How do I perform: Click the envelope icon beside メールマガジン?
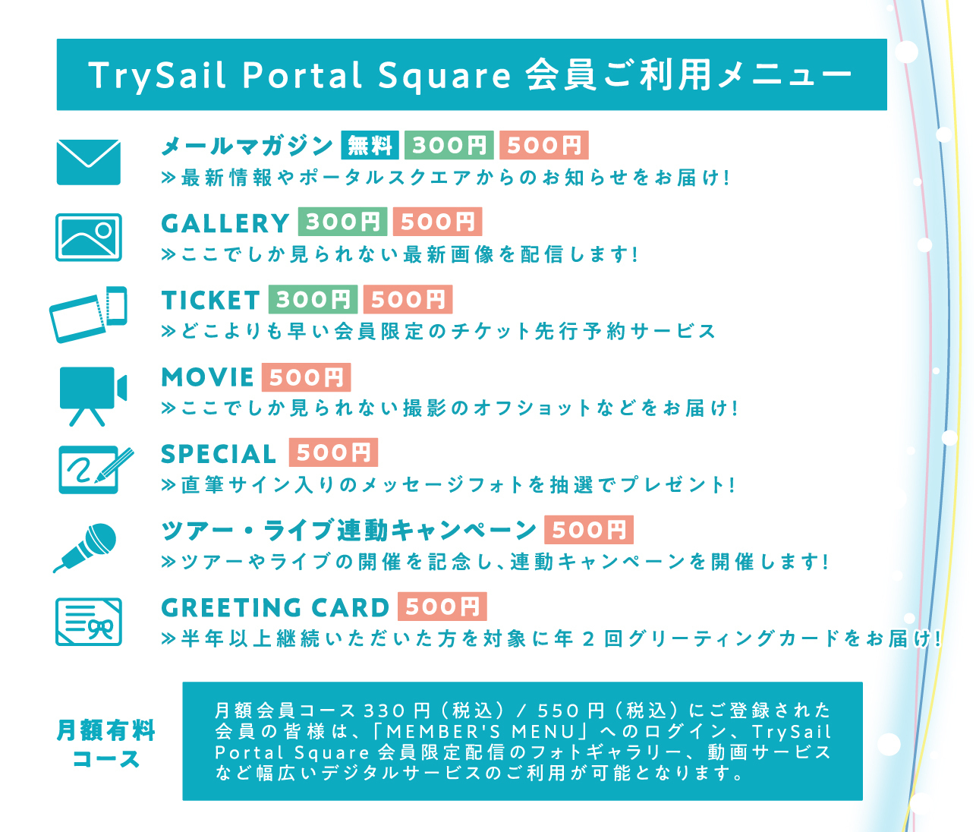(88, 162)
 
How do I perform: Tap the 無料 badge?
(370, 145)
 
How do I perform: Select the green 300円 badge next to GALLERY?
(342, 222)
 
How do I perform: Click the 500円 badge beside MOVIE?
(306, 377)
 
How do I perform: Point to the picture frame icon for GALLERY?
(88, 237)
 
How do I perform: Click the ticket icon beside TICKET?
(88, 314)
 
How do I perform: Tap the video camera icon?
(93, 396)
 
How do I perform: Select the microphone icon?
(85, 548)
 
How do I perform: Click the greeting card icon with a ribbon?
(88, 622)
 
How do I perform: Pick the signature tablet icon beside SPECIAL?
(94, 470)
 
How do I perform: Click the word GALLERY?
(225, 223)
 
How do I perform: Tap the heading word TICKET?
(210, 301)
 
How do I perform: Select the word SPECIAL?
(218, 454)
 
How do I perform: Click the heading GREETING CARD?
(275, 608)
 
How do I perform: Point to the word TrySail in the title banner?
(157, 74)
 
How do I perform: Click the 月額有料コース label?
(105, 745)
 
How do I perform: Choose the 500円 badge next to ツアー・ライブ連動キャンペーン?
(589, 530)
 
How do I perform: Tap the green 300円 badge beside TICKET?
(313, 299)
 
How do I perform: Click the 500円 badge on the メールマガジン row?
(544, 145)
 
